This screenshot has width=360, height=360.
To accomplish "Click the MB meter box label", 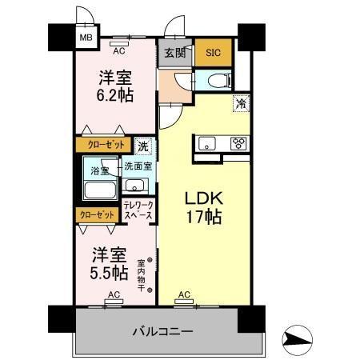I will click(84, 37).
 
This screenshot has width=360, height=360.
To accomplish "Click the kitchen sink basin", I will click(206, 144).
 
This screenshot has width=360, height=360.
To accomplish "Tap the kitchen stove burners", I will click(238, 144).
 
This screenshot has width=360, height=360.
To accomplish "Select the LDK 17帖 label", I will click(204, 206).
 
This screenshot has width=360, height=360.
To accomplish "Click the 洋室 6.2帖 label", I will click(116, 86).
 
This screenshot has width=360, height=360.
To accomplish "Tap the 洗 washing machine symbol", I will click(142, 146).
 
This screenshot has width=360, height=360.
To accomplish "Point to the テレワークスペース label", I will click(138, 210).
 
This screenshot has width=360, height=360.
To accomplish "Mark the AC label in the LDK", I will click(184, 294).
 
